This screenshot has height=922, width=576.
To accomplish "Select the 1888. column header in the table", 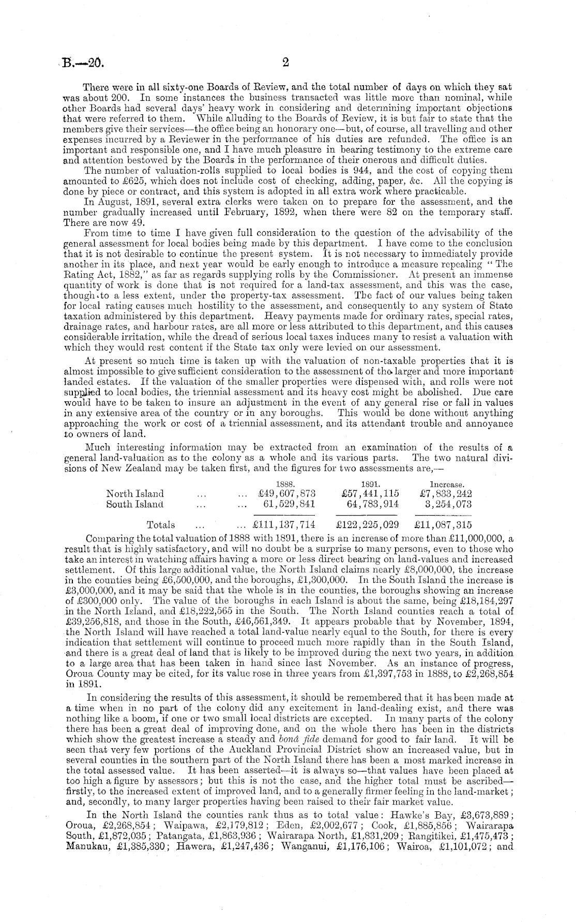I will [x=285, y=485].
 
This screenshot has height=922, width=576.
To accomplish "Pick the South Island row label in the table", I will [x=134, y=504].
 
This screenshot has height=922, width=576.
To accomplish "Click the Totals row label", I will [x=161, y=525].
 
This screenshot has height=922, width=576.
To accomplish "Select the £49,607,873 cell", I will [x=285, y=494].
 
